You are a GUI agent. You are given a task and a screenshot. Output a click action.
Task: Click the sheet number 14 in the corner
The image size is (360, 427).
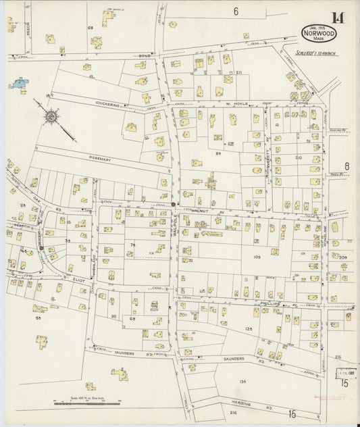pyautogui.click(x=336, y=18)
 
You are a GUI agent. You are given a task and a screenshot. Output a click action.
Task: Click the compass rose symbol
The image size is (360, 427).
pyautogui.click(x=51, y=118)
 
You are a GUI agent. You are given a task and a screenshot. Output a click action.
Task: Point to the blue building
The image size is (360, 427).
pyautogui.click(x=18, y=86)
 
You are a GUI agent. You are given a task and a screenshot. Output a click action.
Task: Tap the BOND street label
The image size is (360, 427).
pyautogui.click(x=143, y=55)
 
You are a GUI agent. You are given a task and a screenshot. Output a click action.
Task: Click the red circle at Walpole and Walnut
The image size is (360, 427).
pyautogui.click(x=173, y=204)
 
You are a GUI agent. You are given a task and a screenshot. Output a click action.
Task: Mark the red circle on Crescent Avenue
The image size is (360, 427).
pyautogui.click(x=41, y=248)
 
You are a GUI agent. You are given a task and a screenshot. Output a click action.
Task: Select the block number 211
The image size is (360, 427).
pyautogui.click(x=238, y=72)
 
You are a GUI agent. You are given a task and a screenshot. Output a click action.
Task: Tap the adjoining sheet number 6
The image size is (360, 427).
pyautogui.click(x=236, y=11)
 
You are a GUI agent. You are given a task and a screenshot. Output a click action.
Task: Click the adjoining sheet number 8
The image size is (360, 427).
pyautogui.click(x=346, y=166)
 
